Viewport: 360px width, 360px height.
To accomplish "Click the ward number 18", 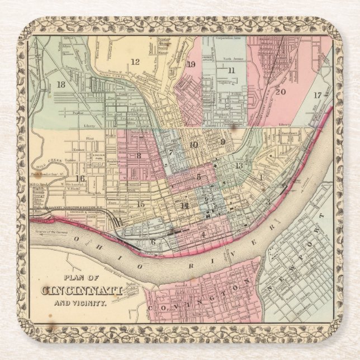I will click(61, 84).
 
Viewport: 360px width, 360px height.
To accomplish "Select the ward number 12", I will click(135, 61).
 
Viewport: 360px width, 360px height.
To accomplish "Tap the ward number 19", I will click(191, 64).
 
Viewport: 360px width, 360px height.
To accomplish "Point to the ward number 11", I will click(231, 70).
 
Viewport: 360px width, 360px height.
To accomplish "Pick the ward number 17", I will click(317, 95).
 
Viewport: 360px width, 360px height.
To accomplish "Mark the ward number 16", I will click(80, 179).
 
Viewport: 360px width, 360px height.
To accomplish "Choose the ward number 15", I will click(141, 204).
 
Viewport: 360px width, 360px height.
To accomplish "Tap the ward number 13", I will click(239, 165).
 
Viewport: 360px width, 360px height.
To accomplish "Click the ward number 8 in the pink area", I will click(138, 155).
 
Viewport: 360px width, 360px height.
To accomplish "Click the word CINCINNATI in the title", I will click(82, 291).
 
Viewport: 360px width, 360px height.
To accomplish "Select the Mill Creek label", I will click(44, 167).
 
